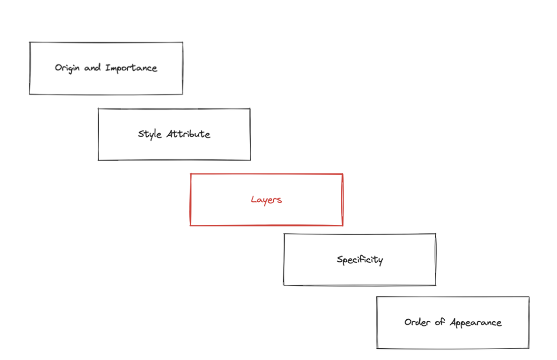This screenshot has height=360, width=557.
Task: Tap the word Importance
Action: pyautogui.click(x=131, y=69)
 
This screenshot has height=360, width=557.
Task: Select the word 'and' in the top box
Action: pyautogui.click(x=93, y=68)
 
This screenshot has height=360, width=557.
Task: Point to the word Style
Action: pyautogui.click(x=150, y=134)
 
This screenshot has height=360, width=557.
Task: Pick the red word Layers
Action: pyautogui.click(x=266, y=200)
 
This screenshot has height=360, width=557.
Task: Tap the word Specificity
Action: pyautogui.click(x=360, y=259)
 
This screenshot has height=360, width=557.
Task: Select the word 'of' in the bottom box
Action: pyautogui.click(x=439, y=322)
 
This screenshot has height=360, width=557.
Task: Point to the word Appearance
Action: pyautogui.click(x=475, y=323)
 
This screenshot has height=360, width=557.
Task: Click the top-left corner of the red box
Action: pyautogui.click(x=191, y=174)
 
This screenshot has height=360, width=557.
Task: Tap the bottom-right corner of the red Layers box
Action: pyautogui.click(x=342, y=225)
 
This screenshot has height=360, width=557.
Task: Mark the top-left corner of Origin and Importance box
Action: pyautogui.click(x=30, y=42)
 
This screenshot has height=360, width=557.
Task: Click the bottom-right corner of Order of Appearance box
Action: pyautogui.click(x=529, y=349)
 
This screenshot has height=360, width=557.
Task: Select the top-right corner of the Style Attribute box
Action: pyautogui.click(x=250, y=109)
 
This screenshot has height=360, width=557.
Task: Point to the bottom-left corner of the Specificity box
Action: pyautogui.click(x=284, y=285)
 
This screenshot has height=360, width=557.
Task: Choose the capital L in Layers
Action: pyautogui.click(x=253, y=199)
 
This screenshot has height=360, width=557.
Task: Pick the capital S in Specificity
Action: pyautogui.click(x=340, y=259)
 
